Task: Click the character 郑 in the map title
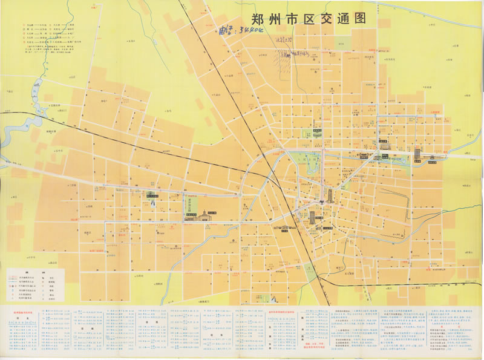[250, 19]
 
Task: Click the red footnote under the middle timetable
[282, 350]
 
